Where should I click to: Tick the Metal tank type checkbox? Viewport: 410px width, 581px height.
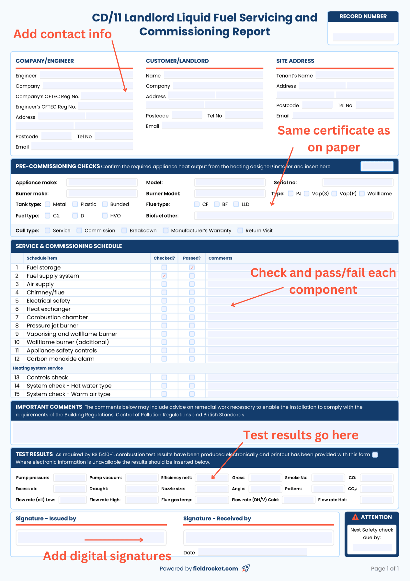click(x=48, y=204)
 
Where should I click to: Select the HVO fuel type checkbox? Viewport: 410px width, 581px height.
click(x=105, y=216)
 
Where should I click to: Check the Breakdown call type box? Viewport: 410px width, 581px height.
click(x=124, y=231)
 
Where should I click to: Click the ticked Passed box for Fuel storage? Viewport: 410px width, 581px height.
click(x=192, y=267)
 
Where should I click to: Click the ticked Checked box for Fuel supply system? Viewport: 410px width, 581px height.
click(x=164, y=276)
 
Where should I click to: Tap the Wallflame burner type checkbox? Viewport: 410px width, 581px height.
click(x=362, y=194)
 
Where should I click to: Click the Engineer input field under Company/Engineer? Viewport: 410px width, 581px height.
click(x=86, y=75)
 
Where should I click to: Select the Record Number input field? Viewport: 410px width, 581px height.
click(x=363, y=37)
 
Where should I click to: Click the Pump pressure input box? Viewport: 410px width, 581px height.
click(x=70, y=478)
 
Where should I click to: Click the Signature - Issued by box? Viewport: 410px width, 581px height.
click(x=91, y=538)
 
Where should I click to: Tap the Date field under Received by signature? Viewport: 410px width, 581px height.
click(x=253, y=552)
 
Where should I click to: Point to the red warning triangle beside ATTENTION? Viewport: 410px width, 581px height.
click(x=355, y=517)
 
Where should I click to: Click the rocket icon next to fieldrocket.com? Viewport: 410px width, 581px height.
click(x=246, y=568)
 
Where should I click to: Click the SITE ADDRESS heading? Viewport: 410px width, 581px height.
click(x=295, y=61)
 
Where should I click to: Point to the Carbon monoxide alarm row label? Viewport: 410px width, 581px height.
click(x=61, y=359)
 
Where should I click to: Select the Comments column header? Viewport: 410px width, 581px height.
click(x=220, y=258)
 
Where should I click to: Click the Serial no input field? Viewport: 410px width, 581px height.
click(x=358, y=183)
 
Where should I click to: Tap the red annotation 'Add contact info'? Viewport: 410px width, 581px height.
click(x=63, y=34)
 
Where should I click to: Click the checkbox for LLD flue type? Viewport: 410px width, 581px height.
click(x=236, y=204)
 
